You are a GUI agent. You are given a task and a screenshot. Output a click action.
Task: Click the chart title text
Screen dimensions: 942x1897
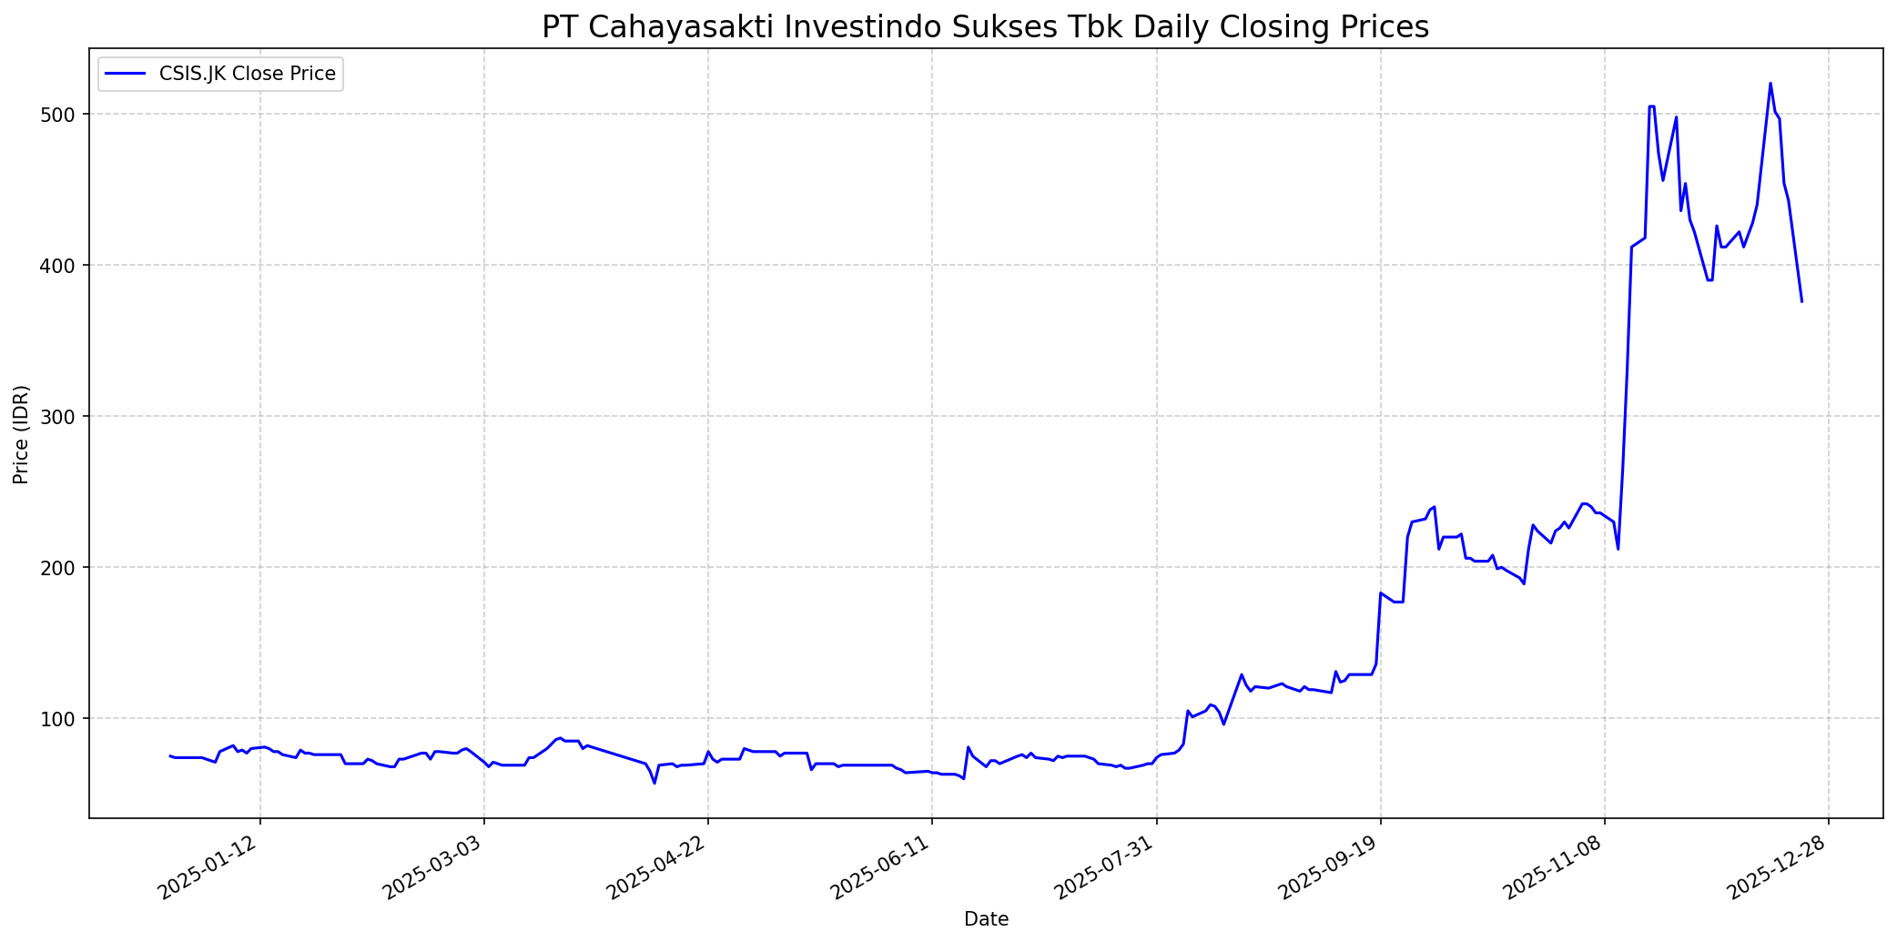tap(985, 27)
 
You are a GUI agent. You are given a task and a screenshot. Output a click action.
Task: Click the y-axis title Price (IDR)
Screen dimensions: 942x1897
tap(21, 434)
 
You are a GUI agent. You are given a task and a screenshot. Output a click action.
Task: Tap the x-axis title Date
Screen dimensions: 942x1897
tap(986, 919)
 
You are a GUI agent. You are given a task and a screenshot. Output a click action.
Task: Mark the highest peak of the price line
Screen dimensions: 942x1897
tap(1770, 84)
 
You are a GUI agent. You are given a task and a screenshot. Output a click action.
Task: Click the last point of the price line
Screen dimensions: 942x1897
tap(1801, 301)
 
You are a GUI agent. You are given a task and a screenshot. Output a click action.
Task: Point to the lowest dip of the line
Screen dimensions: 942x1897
tap(654, 783)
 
